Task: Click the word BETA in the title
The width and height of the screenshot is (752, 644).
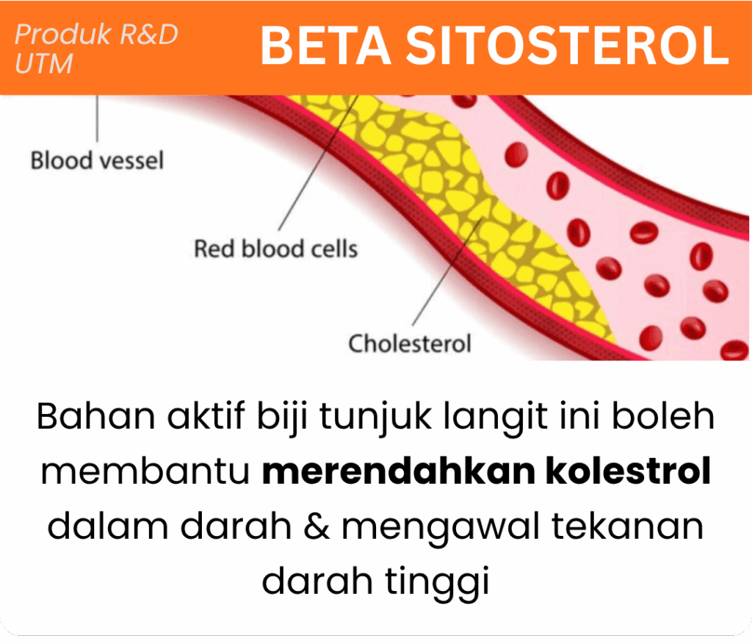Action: (325, 46)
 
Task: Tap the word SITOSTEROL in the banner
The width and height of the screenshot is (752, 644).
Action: (568, 46)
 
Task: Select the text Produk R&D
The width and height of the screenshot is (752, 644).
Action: (96, 34)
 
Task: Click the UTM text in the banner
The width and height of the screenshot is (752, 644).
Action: (44, 63)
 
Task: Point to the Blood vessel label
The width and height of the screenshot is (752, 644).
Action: (98, 160)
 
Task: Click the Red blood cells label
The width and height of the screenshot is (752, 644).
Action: (276, 248)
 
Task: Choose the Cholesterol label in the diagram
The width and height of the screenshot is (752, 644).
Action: (410, 343)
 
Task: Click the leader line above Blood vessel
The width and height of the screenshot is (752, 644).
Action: (98, 118)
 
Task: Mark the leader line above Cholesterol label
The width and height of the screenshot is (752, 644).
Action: (447, 272)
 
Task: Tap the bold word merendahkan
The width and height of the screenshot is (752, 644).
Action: (399, 471)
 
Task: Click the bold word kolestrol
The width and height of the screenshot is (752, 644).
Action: (629, 471)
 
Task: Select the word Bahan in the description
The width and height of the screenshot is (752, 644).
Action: (96, 416)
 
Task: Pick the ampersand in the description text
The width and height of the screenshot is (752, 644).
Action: (317, 526)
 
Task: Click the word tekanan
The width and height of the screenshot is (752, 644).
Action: (628, 526)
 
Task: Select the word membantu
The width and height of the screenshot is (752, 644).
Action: (145, 471)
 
